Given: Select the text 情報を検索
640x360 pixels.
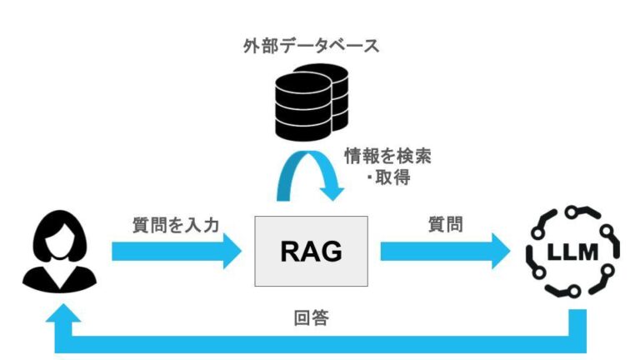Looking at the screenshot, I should coord(387,155).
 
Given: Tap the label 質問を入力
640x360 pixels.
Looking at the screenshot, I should coord(176,225).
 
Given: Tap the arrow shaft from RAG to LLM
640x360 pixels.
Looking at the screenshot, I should coord(433,251).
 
